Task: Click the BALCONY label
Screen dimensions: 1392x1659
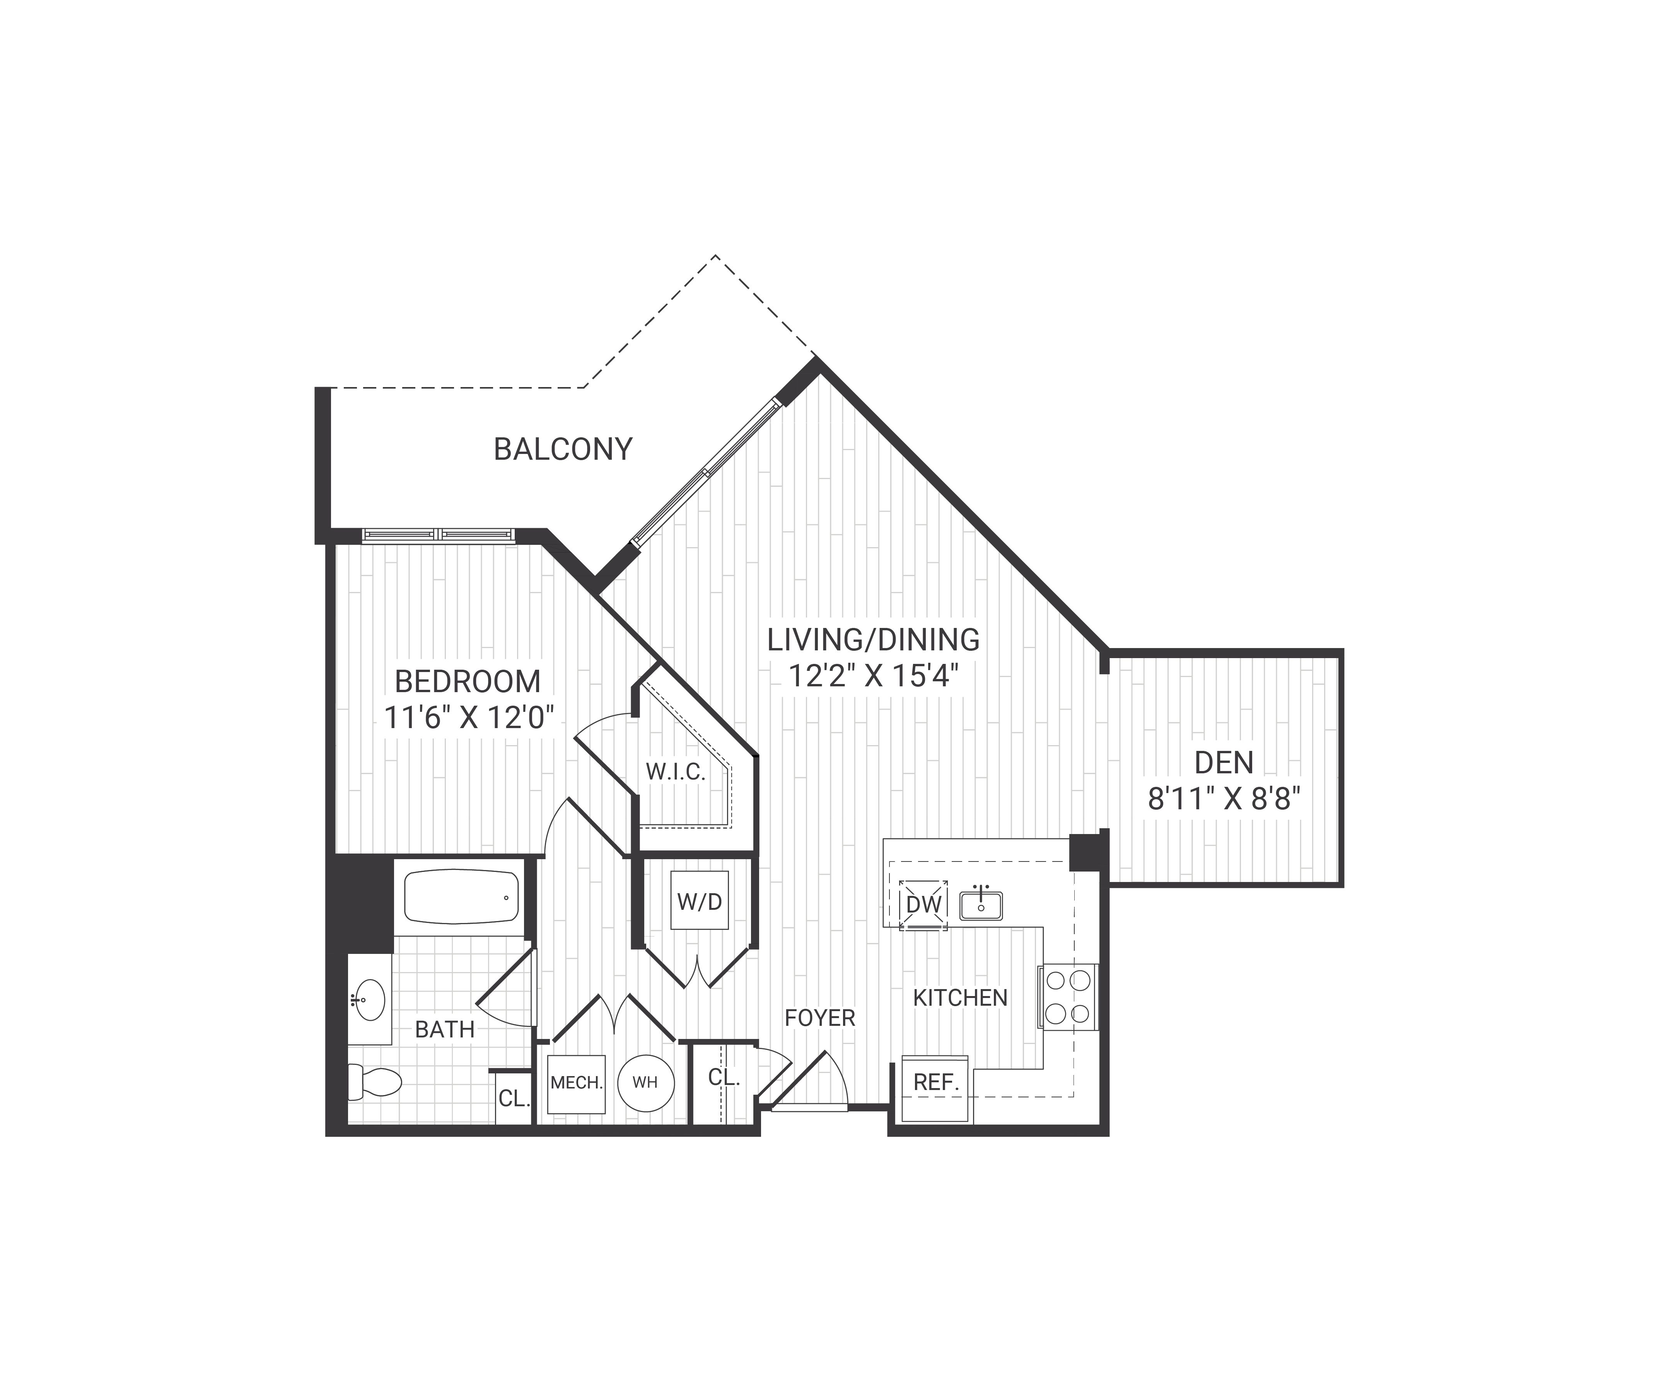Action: click(563, 450)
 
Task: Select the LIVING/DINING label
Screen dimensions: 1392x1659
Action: click(873, 639)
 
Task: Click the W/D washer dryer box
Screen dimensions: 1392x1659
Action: click(699, 901)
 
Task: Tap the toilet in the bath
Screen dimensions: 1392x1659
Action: click(375, 1082)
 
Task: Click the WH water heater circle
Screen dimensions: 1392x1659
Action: click(645, 1082)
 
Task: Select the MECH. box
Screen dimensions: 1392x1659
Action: click(576, 1083)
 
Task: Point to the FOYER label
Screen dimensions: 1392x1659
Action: click(819, 1018)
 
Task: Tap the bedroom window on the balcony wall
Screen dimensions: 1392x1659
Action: click(439, 535)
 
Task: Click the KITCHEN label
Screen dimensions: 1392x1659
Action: click(960, 998)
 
